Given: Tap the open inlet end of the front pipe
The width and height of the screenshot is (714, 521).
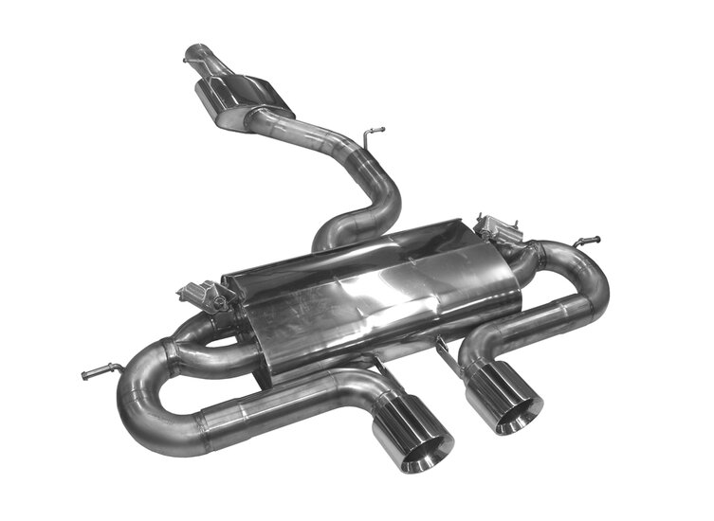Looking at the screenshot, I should tap(196, 48).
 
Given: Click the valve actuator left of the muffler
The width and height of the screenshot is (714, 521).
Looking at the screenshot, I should tap(202, 294).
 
